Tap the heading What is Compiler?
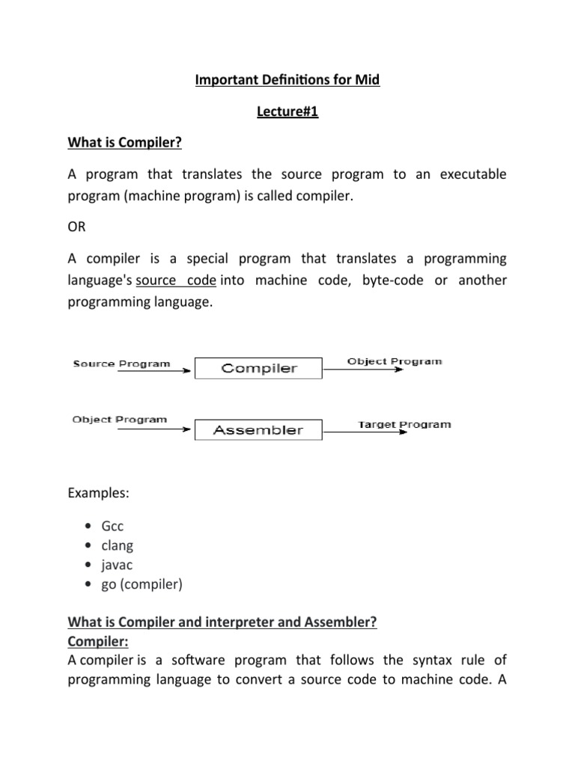tap(121, 144)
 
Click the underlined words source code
tap(177, 281)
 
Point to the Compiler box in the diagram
tap(258, 368)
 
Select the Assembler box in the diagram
tap(258, 429)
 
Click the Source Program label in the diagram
tap(121, 364)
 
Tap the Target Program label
tap(404, 424)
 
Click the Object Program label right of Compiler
tap(395, 361)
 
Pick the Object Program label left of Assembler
tap(120, 420)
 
